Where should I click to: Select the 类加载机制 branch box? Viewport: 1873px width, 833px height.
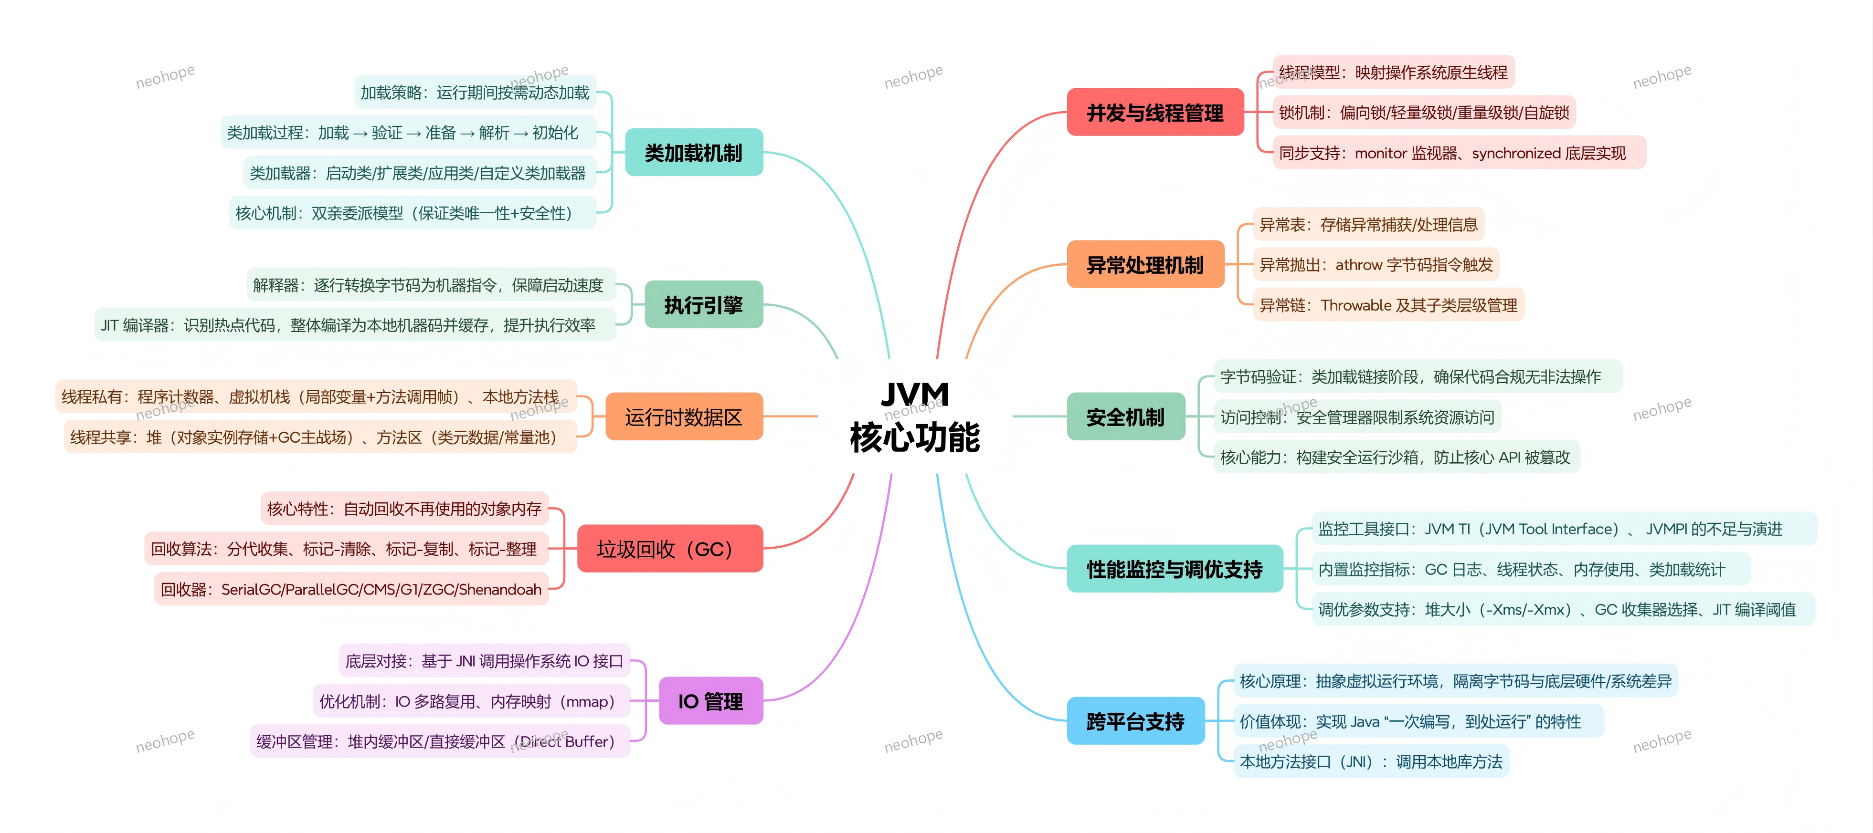(x=694, y=153)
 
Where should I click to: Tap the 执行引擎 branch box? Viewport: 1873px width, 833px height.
(x=703, y=304)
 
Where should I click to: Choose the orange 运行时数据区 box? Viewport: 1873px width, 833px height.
(x=684, y=416)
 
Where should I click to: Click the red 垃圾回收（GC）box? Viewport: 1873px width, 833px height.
(x=669, y=549)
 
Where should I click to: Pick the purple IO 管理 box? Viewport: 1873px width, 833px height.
(x=710, y=701)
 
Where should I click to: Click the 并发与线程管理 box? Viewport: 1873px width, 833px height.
(x=1154, y=113)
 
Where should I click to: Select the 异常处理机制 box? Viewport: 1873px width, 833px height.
(x=1145, y=265)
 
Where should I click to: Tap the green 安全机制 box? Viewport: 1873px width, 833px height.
(x=1125, y=416)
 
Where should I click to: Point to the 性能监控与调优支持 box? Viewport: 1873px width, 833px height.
(x=1174, y=569)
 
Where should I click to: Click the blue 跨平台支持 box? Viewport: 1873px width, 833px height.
(x=1135, y=721)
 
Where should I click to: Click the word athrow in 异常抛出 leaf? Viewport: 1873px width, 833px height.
(x=1358, y=265)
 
